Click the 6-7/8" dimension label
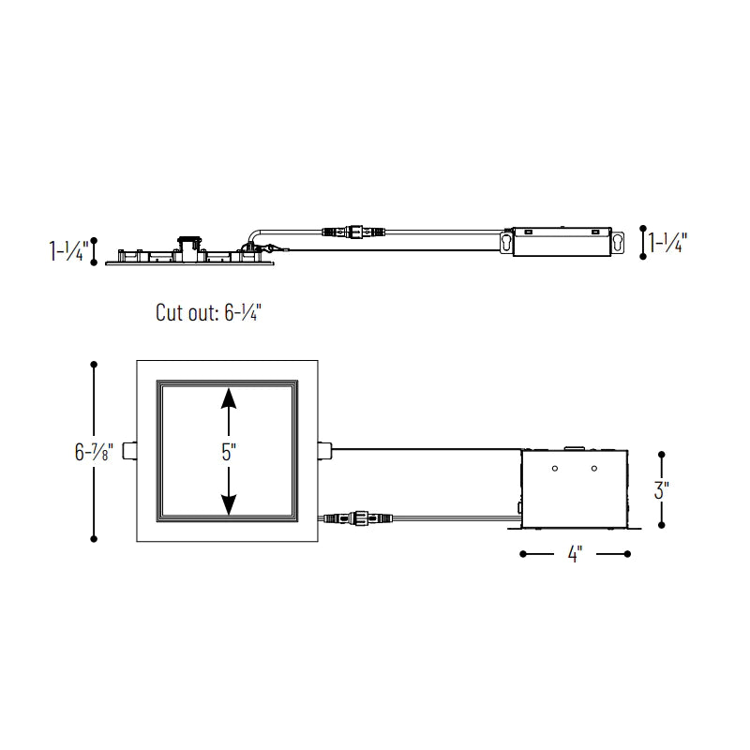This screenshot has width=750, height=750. (x=94, y=452)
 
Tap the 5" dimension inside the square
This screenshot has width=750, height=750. (x=229, y=452)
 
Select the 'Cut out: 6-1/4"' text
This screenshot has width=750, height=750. (x=208, y=312)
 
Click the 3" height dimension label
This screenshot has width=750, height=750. (x=662, y=489)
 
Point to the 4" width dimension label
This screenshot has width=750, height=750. (x=575, y=554)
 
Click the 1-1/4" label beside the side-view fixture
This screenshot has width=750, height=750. (x=68, y=251)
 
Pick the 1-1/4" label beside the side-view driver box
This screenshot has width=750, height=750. (x=667, y=243)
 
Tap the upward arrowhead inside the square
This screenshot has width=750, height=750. (x=229, y=397)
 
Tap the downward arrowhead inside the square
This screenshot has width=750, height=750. (x=229, y=505)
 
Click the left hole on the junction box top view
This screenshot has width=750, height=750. (x=555, y=468)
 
